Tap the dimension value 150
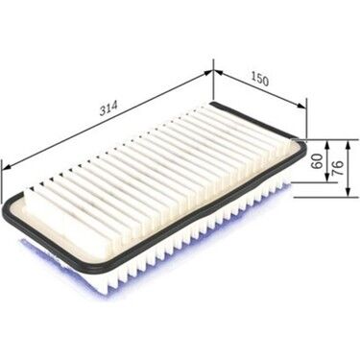259,80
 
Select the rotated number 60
318,161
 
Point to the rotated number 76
338,167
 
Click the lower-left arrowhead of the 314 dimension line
7,167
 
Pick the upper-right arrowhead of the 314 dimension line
208,73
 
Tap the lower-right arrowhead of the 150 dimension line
301,106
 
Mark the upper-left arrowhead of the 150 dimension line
218,72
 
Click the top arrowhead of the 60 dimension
326,145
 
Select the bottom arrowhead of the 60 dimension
326,178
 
